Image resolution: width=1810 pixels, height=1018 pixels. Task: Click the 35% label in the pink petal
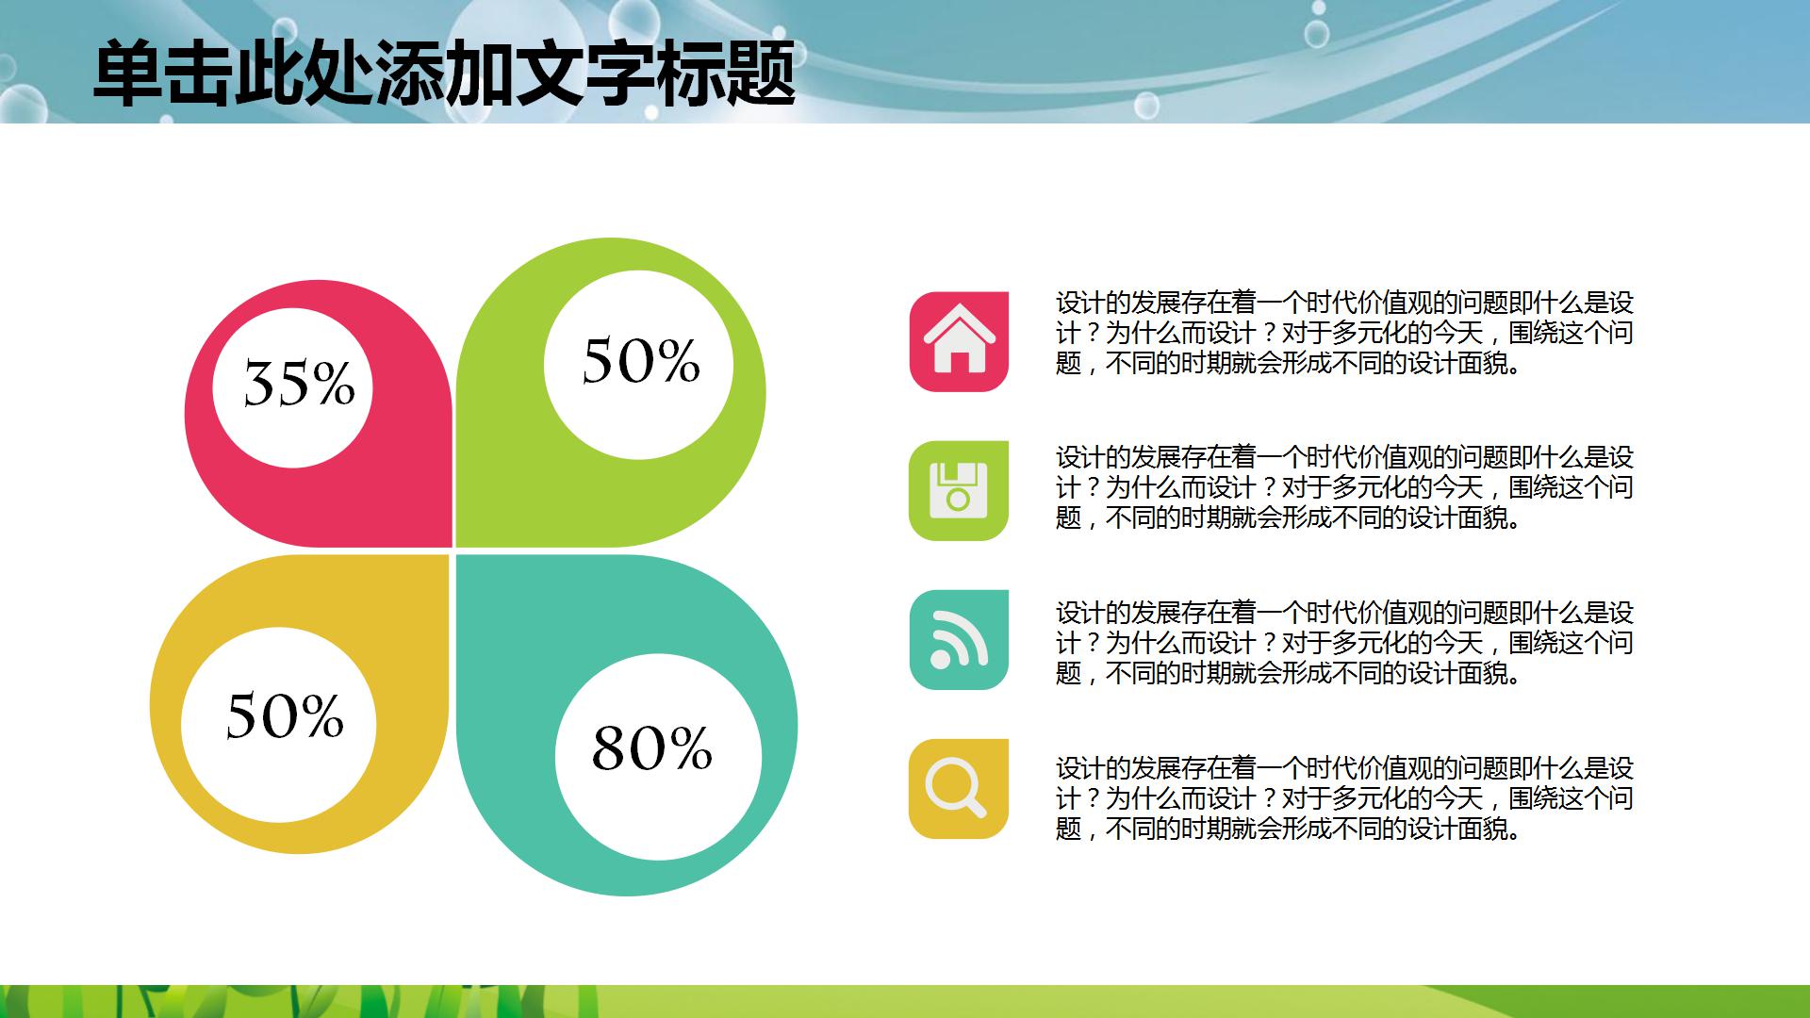[x=299, y=384]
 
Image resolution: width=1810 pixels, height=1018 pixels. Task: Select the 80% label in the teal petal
[x=651, y=748]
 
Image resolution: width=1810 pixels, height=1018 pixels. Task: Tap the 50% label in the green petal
[x=641, y=361]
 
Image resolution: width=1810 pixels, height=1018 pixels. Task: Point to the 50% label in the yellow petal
[x=285, y=714]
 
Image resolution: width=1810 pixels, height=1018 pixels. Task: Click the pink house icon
[x=959, y=341]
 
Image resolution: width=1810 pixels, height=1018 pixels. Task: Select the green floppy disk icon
[x=959, y=490]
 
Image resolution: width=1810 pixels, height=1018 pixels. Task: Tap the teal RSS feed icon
[x=959, y=639]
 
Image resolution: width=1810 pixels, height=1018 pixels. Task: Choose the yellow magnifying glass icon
[x=959, y=788]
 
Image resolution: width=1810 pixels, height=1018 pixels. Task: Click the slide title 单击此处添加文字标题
[x=444, y=74]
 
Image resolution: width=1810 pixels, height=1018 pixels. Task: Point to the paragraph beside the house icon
[x=1344, y=333]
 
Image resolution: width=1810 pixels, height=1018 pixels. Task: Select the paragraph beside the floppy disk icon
[x=1344, y=487]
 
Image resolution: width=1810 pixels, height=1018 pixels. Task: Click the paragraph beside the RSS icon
[x=1344, y=643]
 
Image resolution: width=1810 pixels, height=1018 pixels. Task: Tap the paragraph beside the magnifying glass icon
[x=1344, y=798]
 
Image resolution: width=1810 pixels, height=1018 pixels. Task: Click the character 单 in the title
[x=127, y=74]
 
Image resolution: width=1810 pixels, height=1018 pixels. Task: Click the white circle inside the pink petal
[x=292, y=387]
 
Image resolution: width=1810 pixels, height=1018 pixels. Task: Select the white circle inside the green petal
[x=638, y=365]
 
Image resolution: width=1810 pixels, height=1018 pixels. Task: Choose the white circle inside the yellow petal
[x=278, y=725]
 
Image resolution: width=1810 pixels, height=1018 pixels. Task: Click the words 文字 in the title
[x=551, y=74]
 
